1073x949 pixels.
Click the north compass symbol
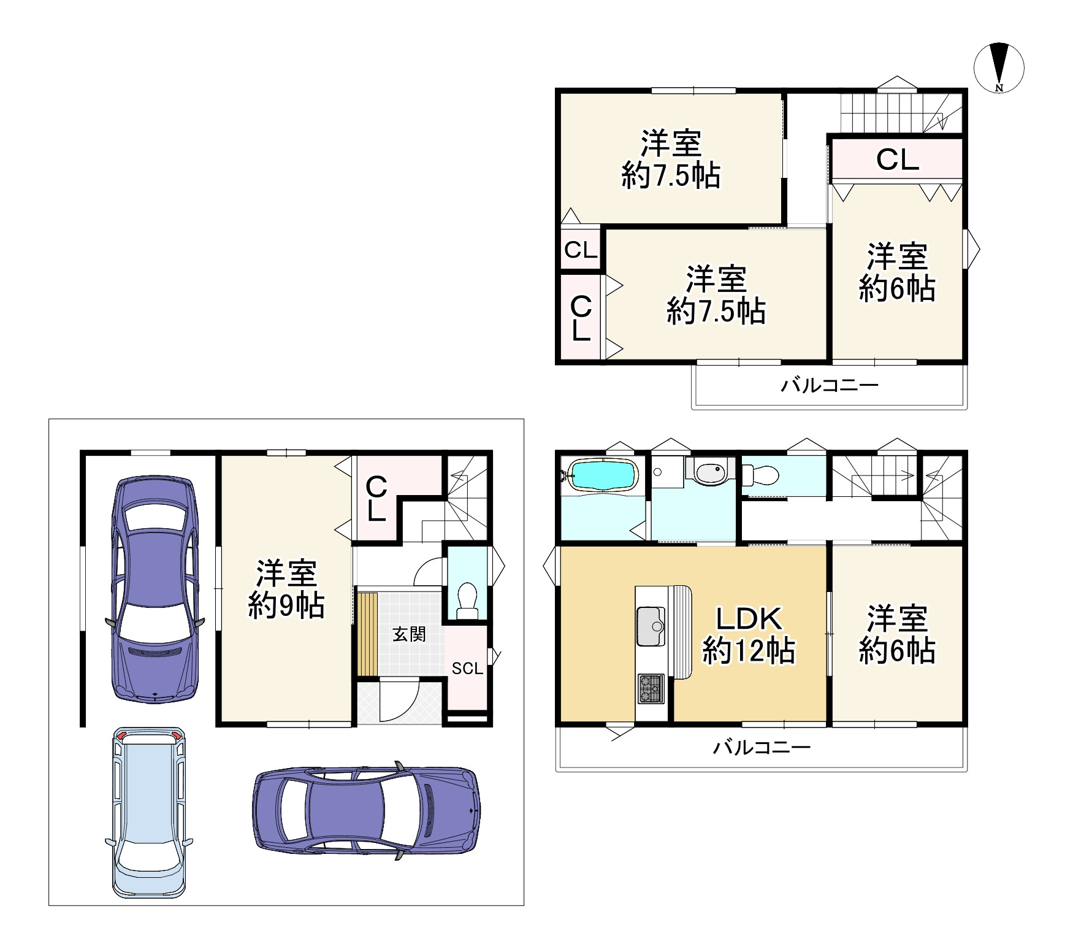(x=999, y=67)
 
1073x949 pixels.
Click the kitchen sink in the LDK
(x=651, y=626)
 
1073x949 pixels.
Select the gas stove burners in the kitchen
(x=651, y=688)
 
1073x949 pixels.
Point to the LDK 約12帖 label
(x=749, y=635)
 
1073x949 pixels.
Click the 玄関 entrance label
(x=409, y=634)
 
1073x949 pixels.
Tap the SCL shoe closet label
(x=467, y=669)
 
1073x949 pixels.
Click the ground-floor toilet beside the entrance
(x=468, y=600)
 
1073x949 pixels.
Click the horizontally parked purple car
(x=367, y=810)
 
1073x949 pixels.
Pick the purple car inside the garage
(x=156, y=589)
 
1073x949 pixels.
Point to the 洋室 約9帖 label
(x=286, y=590)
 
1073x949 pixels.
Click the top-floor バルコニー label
(x=830, y=385)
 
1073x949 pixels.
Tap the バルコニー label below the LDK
(x=762, y=747)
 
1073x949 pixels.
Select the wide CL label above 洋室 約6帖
(x=898, y=160)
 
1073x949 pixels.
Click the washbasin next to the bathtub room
(x=710, y=471)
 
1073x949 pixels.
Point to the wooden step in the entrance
(x=367, y=633)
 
